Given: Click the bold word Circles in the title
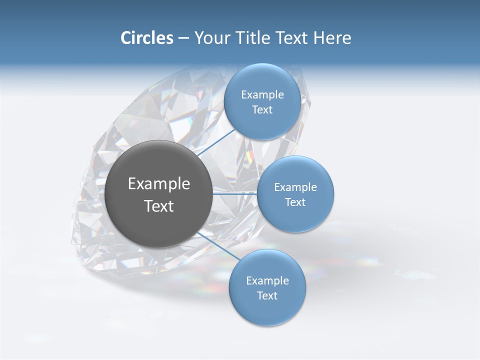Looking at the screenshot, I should tap(146, 38).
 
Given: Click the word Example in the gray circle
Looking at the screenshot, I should tap(159, 184).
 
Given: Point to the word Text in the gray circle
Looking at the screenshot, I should tap(159, 206).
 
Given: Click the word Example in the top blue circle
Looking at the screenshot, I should tap(262, 95).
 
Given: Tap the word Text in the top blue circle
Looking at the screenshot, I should tap(262, 110).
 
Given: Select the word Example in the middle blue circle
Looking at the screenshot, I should tap(295, 187).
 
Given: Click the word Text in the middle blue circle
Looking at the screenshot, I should tap(295, 202).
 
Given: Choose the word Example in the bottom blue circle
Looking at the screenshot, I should tap(267, 280).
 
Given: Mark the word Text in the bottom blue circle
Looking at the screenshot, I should tap(267, 295).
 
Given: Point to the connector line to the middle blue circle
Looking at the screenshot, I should tap(235, 193).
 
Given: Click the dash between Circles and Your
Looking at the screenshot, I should tap(183, 38).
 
